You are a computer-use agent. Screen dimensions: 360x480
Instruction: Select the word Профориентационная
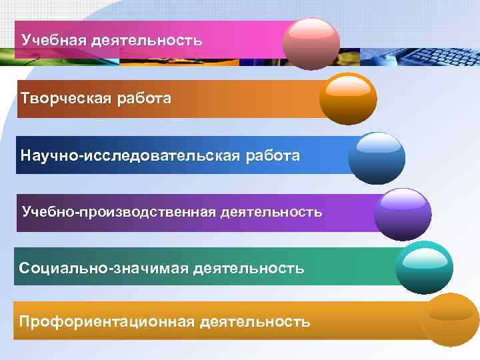click(107, 322)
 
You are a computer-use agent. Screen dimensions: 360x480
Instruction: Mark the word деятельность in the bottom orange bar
click(255, 322)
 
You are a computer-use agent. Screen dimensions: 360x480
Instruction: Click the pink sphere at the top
click(311, 43)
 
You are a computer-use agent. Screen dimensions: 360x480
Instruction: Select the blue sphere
click(376, 157)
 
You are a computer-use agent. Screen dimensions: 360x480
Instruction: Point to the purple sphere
click(402, 214)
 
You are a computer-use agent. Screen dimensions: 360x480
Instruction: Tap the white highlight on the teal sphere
click(425, 255)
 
